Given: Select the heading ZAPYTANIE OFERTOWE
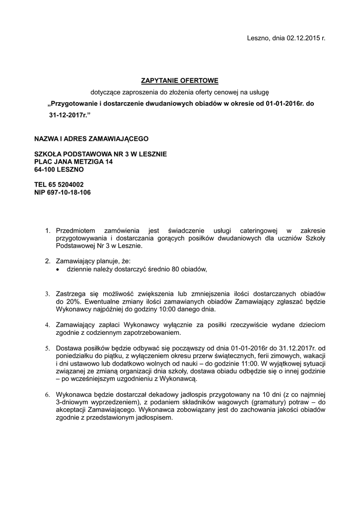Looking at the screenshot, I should point(180,80).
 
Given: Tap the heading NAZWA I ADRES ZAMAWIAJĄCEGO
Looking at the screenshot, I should point(91,139).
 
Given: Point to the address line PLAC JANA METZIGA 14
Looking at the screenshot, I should point(73,162).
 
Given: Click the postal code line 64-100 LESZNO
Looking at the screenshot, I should point(59,169).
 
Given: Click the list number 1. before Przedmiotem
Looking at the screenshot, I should point(48,231).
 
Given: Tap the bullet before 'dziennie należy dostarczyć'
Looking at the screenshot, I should point(59,269).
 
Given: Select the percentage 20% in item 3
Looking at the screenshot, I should point(66,301).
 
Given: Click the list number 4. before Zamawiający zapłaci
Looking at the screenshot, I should point(48,324).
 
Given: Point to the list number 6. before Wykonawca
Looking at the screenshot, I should point(48,394).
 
